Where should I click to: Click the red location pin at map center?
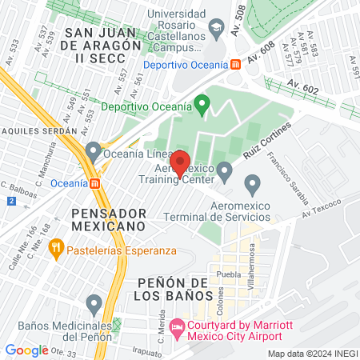[x=180, y=162]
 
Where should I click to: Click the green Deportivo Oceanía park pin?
[x=202, y=105]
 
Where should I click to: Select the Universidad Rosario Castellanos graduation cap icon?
[x=214, y=30]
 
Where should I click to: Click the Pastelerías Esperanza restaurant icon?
[x=55, y=250]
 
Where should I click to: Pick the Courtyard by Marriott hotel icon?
[x=177, y=328]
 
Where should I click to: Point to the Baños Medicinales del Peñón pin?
[x=94, y=303]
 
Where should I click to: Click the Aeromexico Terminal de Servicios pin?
[x=254, y=186]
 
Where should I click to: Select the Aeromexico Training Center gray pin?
[x=225, y=170]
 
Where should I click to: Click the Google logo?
[x=26, y=350]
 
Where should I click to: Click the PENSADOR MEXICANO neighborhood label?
[x=109, y=220]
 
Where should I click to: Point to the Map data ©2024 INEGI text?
[x=312, y=353]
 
